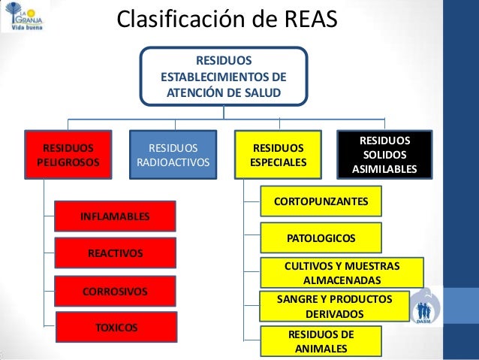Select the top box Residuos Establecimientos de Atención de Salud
(x=224, y=76)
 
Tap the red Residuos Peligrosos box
(x=68, y=155)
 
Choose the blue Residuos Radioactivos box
(x=173, y=155)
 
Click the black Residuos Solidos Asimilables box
(x=384, y=155)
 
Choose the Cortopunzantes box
(x=321, y=201)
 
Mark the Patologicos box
(x=321, y=238)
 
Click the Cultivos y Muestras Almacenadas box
(x=342, y=273)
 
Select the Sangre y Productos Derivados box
(x=336, y=306)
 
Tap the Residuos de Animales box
(x=321, y=341)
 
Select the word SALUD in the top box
(x=262, y=92)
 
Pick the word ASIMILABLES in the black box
(x=384, y=170)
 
